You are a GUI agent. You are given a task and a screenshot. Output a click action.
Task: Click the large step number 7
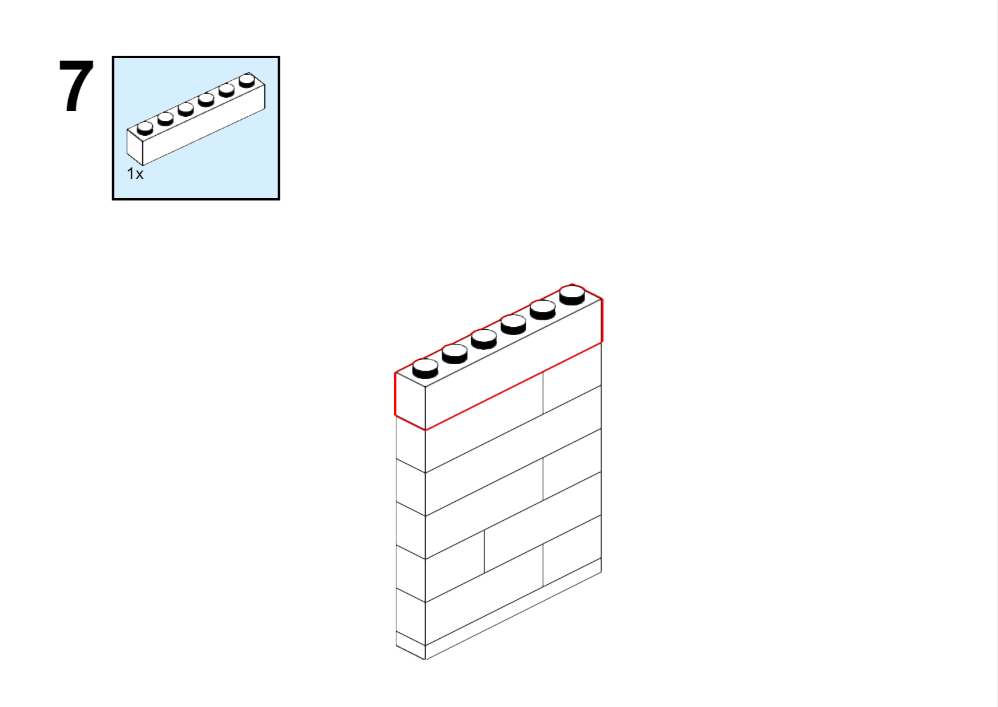point(76,85)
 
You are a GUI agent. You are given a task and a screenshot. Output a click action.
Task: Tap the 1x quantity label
point(135,174)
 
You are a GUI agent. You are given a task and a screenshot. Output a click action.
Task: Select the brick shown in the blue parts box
point(196,119)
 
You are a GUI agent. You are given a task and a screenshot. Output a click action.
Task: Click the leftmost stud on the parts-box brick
point(145,128)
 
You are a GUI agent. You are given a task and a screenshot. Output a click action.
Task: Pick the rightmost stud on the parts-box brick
point(247,81)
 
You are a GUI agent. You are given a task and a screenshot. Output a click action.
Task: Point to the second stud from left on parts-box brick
point(165,119)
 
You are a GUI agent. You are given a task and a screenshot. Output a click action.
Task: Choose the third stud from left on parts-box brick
point(185,109)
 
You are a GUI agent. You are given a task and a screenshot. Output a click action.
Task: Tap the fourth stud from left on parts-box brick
point(206,100)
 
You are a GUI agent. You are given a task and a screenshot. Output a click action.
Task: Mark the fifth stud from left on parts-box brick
point(226,91)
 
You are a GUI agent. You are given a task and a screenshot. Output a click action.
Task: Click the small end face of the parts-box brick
point(135,147)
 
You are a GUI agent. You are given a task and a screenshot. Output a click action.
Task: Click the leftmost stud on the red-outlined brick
point(426,369)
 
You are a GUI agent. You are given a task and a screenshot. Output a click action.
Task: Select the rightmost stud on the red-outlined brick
point(572,295)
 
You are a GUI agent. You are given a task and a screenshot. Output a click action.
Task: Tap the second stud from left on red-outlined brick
point(455,354)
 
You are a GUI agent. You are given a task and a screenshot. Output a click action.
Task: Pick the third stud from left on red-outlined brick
point(484,339)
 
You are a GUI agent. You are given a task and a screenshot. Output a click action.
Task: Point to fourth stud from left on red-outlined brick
point(513,324)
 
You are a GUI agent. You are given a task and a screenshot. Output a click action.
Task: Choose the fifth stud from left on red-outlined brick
point(543,310)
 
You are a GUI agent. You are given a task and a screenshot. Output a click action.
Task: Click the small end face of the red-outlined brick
point(410,401)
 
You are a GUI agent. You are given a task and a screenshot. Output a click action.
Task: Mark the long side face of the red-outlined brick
point(513,364)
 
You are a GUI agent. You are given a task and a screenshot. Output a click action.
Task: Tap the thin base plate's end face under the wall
point(410,645)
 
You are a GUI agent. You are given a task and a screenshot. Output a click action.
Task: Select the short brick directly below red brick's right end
point(572,378)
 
